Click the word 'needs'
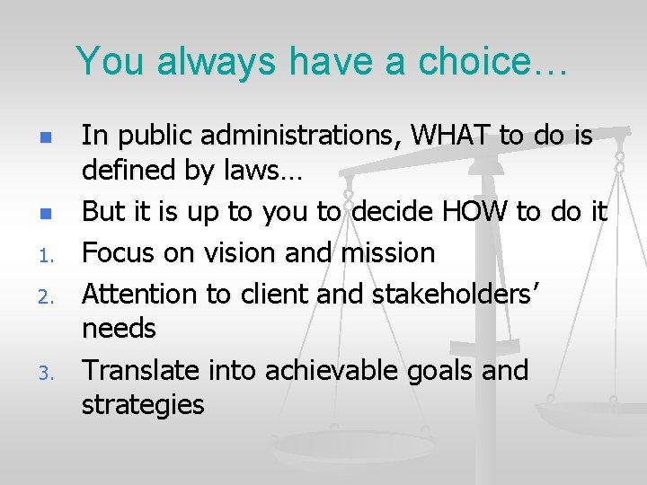coord(119,330)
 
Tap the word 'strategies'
coord(143,406)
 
